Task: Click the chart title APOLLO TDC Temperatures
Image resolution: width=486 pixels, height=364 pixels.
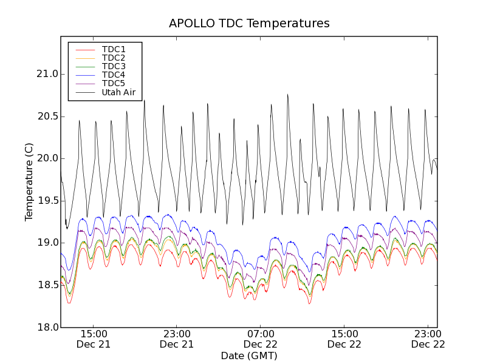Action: pyautogui.click(x=249, y=24)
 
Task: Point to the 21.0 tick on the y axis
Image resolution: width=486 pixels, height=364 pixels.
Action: pyautogui.click(x=47, y=74)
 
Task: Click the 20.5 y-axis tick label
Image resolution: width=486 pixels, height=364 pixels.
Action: pyautogui.click(x=47, y=116)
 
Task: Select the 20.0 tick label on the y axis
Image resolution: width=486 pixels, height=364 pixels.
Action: pyautogui.click(x=47, y=158)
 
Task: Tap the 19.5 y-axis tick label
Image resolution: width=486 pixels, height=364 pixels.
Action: pyautogui.click(x=47, y=201)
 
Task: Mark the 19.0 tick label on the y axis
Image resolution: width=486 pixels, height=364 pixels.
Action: pyautogui.click(x=47, y=243)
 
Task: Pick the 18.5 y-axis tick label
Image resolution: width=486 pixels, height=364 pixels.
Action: pyautogui.click(x=47, y=285)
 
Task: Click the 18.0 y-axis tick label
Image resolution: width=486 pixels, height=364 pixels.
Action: pyautogui.click(x=47, y=328)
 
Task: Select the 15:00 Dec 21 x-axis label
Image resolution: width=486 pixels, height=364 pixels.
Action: pyautogui.click(x=93, y=339)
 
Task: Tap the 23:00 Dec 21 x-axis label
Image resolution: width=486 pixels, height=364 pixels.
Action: pyautogui.click(x=177, y=339)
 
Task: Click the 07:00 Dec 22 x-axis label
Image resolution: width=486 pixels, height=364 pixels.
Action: pyautogui.click(x=261, y=339)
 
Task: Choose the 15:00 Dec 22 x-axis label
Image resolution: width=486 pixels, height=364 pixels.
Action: pyautogui.click(x=344, y=339)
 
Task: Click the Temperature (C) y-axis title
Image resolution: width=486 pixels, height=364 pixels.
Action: pyautogui.click(x=29, y=182)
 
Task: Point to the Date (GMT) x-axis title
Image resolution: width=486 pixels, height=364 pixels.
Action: pyautogui.click(x=249, y=356)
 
